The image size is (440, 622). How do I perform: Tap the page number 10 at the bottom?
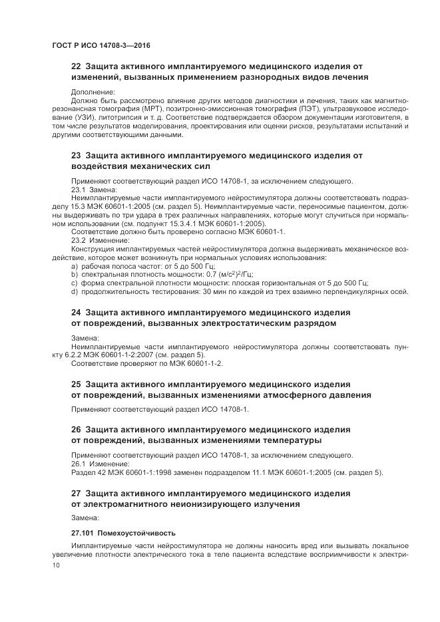(55, 565)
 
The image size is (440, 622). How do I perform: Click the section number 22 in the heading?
(76, 67)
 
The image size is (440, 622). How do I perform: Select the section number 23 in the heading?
(76, 156)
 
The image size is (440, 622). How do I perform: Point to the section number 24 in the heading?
(76, 312)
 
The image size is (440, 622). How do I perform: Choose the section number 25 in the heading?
(76, 385)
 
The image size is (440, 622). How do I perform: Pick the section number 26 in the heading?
(76, 429)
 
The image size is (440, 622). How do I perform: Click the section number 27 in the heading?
(76, 493)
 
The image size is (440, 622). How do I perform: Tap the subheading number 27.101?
(83, 534)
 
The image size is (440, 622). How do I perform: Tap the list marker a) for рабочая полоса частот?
(74, 265)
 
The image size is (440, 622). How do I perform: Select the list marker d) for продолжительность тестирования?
(74, 291)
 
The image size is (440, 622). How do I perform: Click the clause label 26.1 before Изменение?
(79, 464)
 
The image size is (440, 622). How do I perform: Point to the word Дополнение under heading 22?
(93, 92)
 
